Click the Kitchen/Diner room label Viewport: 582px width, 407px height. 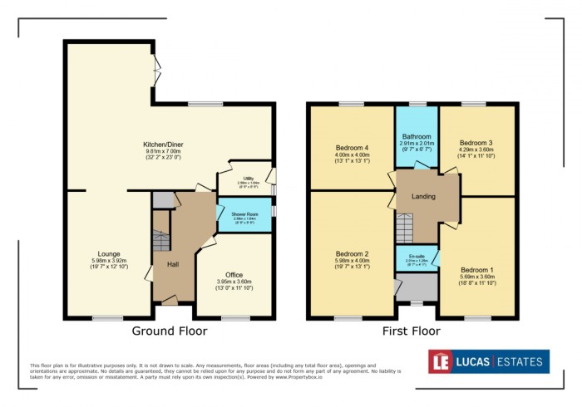pyautogui.click(x=164, y=145)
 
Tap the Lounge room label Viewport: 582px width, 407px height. pyautogui.click(x=108, y=253)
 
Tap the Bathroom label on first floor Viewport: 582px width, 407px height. pyautogui.click(x=417, y=136)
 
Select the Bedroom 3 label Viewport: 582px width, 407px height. pyautogui.click(x=476, y=142)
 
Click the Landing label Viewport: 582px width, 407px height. pyautogui.click(x=424, y=196)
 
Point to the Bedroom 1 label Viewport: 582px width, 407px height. pyautogui.click(x=476, y=269)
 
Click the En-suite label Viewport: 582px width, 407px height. pyautogui.click(x=417, y=255)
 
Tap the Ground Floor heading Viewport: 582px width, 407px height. pyautogui.click(x=170, y=331)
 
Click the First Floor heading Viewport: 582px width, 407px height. pyautogui.click(x=412, y=331)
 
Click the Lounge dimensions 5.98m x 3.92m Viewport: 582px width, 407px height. pyautogui.click(x=108, y=261)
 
